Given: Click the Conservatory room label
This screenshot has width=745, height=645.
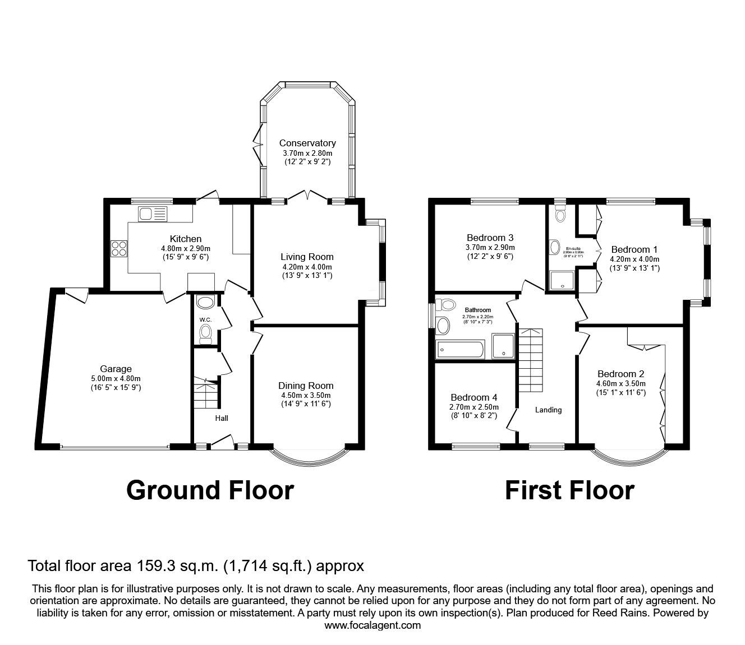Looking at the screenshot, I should (307, 143).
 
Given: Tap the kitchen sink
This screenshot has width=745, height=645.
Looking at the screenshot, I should (153, 214).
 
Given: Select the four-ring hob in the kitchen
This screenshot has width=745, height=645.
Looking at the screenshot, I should (119, 248).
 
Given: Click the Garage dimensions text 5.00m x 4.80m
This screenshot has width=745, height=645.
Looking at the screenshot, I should (116, 378).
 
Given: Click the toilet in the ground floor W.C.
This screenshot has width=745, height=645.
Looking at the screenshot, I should (205, 335).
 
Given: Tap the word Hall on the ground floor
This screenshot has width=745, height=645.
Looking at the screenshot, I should (222, 418).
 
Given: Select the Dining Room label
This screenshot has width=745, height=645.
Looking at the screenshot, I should (306, 386).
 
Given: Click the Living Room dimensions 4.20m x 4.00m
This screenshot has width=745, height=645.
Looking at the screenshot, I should (307, 267).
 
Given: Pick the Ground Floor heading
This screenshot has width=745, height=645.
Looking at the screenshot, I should (210, 490).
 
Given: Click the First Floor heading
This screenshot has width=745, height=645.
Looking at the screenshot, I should (569, 490).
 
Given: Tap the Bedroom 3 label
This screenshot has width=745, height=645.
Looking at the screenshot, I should (490, 237).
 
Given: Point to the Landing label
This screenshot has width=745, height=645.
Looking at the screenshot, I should (548, 410).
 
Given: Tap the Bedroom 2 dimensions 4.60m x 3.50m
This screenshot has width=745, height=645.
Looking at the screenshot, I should (621, 384).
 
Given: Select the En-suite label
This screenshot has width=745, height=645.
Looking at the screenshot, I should (573, 248).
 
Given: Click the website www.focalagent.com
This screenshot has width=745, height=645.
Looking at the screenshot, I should (372, 625).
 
